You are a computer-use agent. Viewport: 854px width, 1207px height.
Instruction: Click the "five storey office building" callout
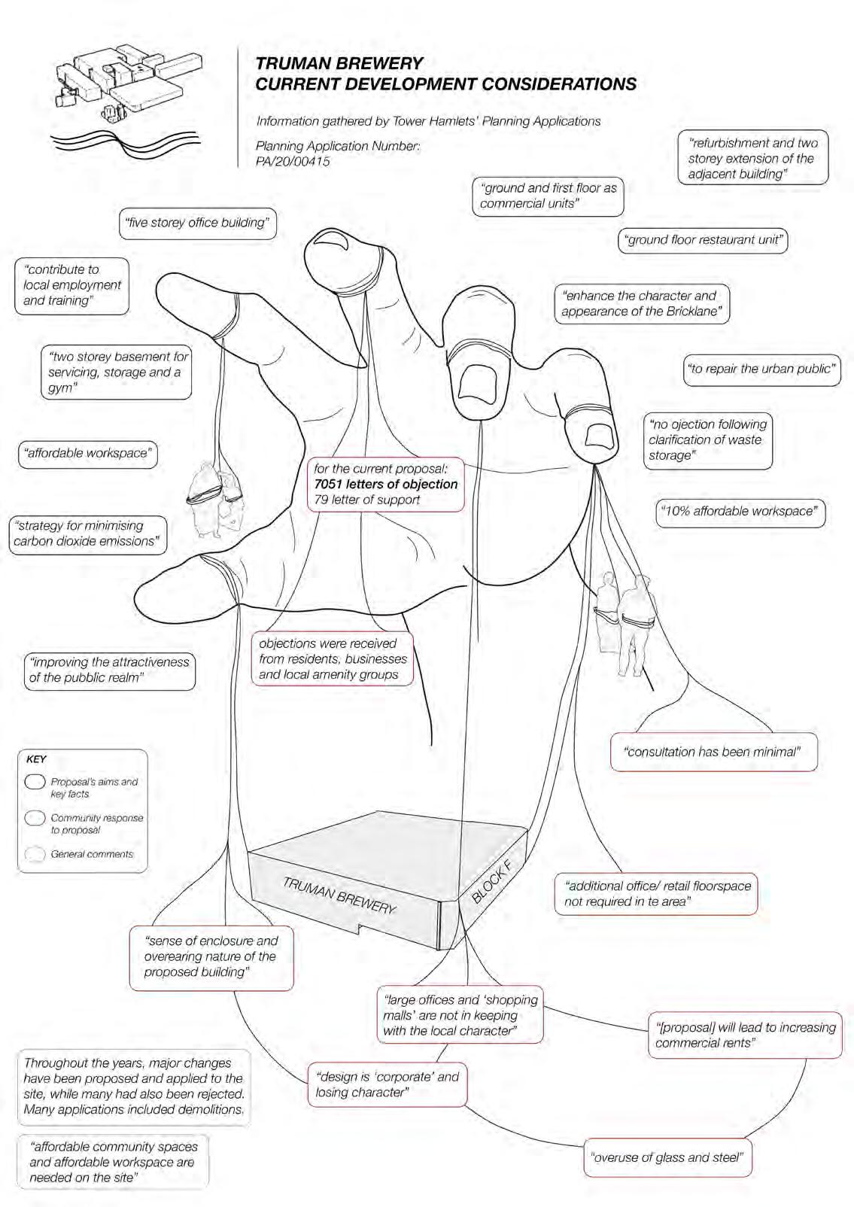click(x=198, y=223)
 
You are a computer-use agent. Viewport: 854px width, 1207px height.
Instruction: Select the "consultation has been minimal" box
click(x=713, y=752)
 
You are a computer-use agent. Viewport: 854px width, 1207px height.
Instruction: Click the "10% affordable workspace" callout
click(x=740, y=512)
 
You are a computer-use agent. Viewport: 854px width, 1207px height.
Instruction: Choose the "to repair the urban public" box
click(x=761, y=369)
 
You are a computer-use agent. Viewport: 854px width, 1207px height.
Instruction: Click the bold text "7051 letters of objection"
click(x=386, y=485)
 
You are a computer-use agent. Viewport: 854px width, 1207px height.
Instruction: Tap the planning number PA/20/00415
click(x=293, y=161)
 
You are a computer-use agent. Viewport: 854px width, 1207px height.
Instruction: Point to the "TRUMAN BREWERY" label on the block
click(x=339, y=895)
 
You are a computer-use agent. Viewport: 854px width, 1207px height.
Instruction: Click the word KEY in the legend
click(x=36, y=759)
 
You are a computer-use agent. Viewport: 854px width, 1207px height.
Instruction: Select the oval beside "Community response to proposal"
click(x=35, y=818)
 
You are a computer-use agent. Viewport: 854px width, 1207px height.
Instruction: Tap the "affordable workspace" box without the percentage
click(x=87, y=454)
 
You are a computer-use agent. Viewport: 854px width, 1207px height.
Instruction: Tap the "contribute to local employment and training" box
click(x=71, y=285)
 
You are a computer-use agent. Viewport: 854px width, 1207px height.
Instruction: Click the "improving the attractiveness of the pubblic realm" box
click(x=109, y=670)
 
